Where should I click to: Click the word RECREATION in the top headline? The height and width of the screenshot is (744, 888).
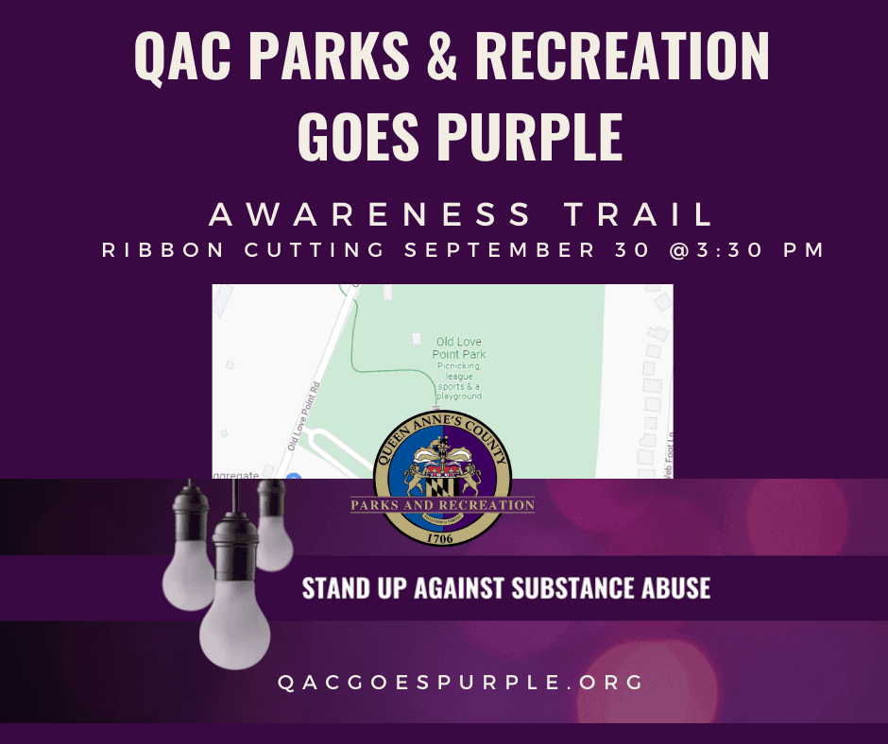point(623,59)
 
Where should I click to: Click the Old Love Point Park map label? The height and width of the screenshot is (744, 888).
point(459,347)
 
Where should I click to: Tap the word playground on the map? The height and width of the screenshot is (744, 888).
point(459,396)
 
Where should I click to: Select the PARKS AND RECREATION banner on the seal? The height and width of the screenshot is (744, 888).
point(443,505)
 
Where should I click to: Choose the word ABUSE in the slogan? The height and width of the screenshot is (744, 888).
point(675,588)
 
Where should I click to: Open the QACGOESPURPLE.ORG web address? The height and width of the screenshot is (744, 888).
point(461,682)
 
